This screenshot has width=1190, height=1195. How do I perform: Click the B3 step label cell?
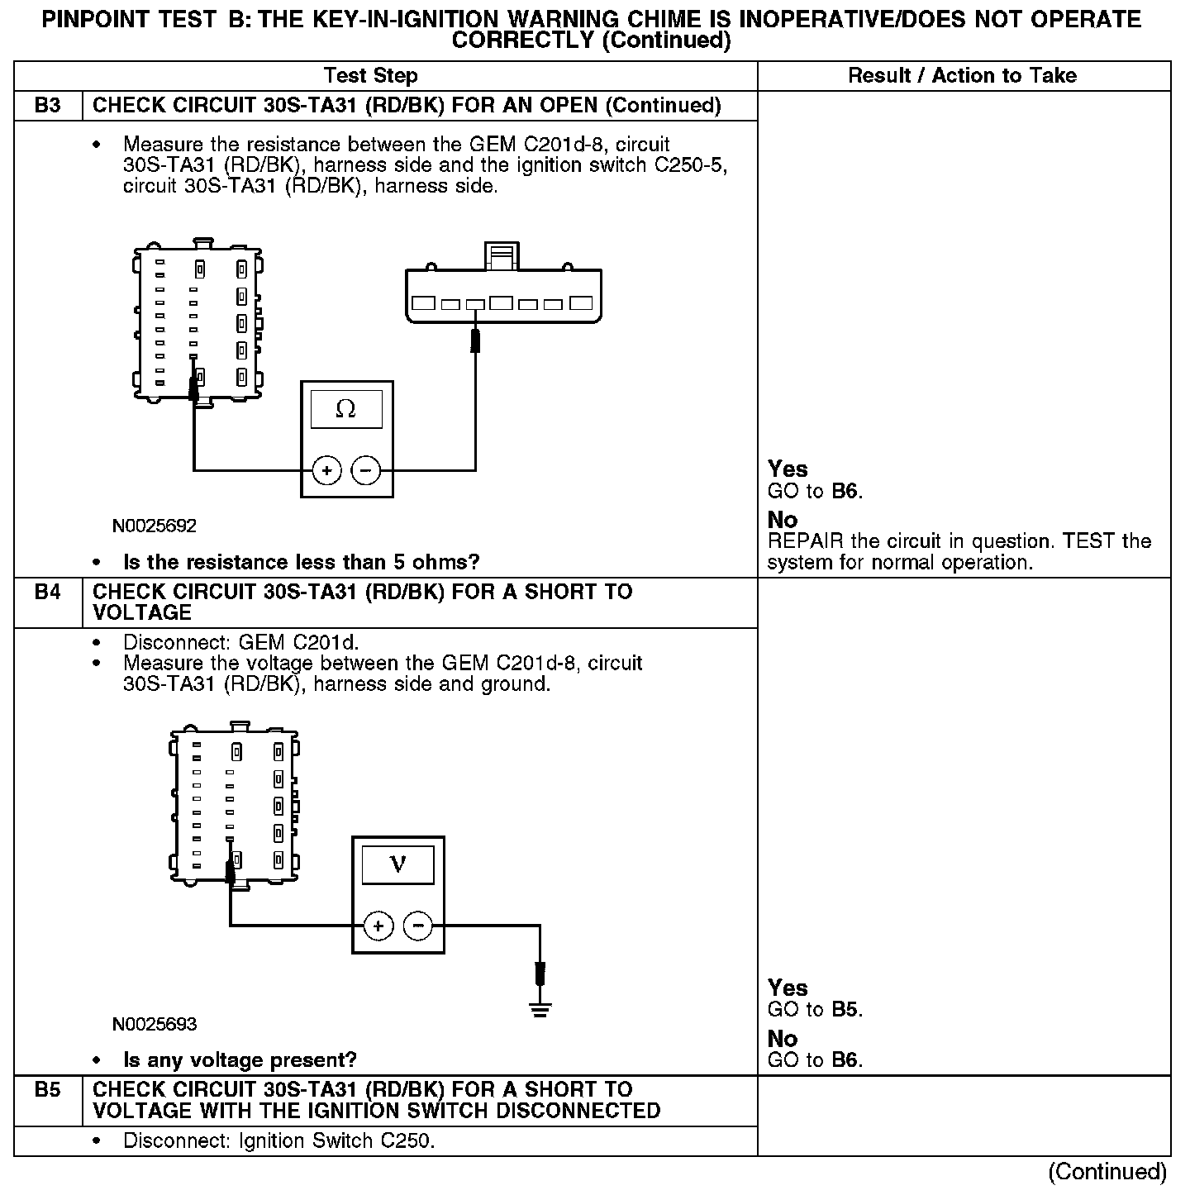point(48,106)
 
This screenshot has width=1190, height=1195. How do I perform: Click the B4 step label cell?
point(48,593)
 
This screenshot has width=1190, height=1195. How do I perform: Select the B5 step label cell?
point(48,1090)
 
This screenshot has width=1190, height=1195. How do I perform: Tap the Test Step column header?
point(371,76)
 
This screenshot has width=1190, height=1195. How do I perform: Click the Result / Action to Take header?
point(962,76)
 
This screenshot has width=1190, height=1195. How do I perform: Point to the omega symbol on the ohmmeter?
point(346,409)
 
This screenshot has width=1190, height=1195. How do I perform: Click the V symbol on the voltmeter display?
point(397,864)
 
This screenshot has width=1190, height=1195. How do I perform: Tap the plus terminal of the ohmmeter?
point(327,470)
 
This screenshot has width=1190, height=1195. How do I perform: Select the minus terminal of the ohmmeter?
point(366,470)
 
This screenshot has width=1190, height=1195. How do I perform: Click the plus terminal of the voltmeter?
point(378,926)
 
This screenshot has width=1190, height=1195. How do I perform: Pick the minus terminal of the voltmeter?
point(418,926)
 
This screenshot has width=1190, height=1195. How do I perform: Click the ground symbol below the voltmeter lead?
point(540,1009)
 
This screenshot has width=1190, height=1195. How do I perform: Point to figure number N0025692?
point(155,526)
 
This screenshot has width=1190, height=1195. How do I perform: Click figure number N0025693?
point(155,1025)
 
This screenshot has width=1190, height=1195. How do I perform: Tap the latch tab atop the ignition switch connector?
point(502,255)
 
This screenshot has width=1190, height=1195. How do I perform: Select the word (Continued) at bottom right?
point(1107,1172)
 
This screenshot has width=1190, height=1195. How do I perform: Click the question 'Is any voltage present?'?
point(240,1060)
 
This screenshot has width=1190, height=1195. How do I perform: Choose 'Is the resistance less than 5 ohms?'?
point(301,563)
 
